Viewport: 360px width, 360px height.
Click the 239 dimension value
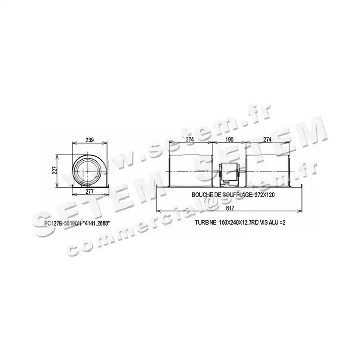[x=90, y=140]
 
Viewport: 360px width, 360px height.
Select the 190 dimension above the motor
[x=229, y=140]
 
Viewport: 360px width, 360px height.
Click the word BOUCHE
[x=203, y=195]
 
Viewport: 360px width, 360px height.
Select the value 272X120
[x=262, y=195]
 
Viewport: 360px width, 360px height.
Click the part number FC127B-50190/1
[x=63, y=222]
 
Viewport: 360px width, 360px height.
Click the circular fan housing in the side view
[x=88, y=171]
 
